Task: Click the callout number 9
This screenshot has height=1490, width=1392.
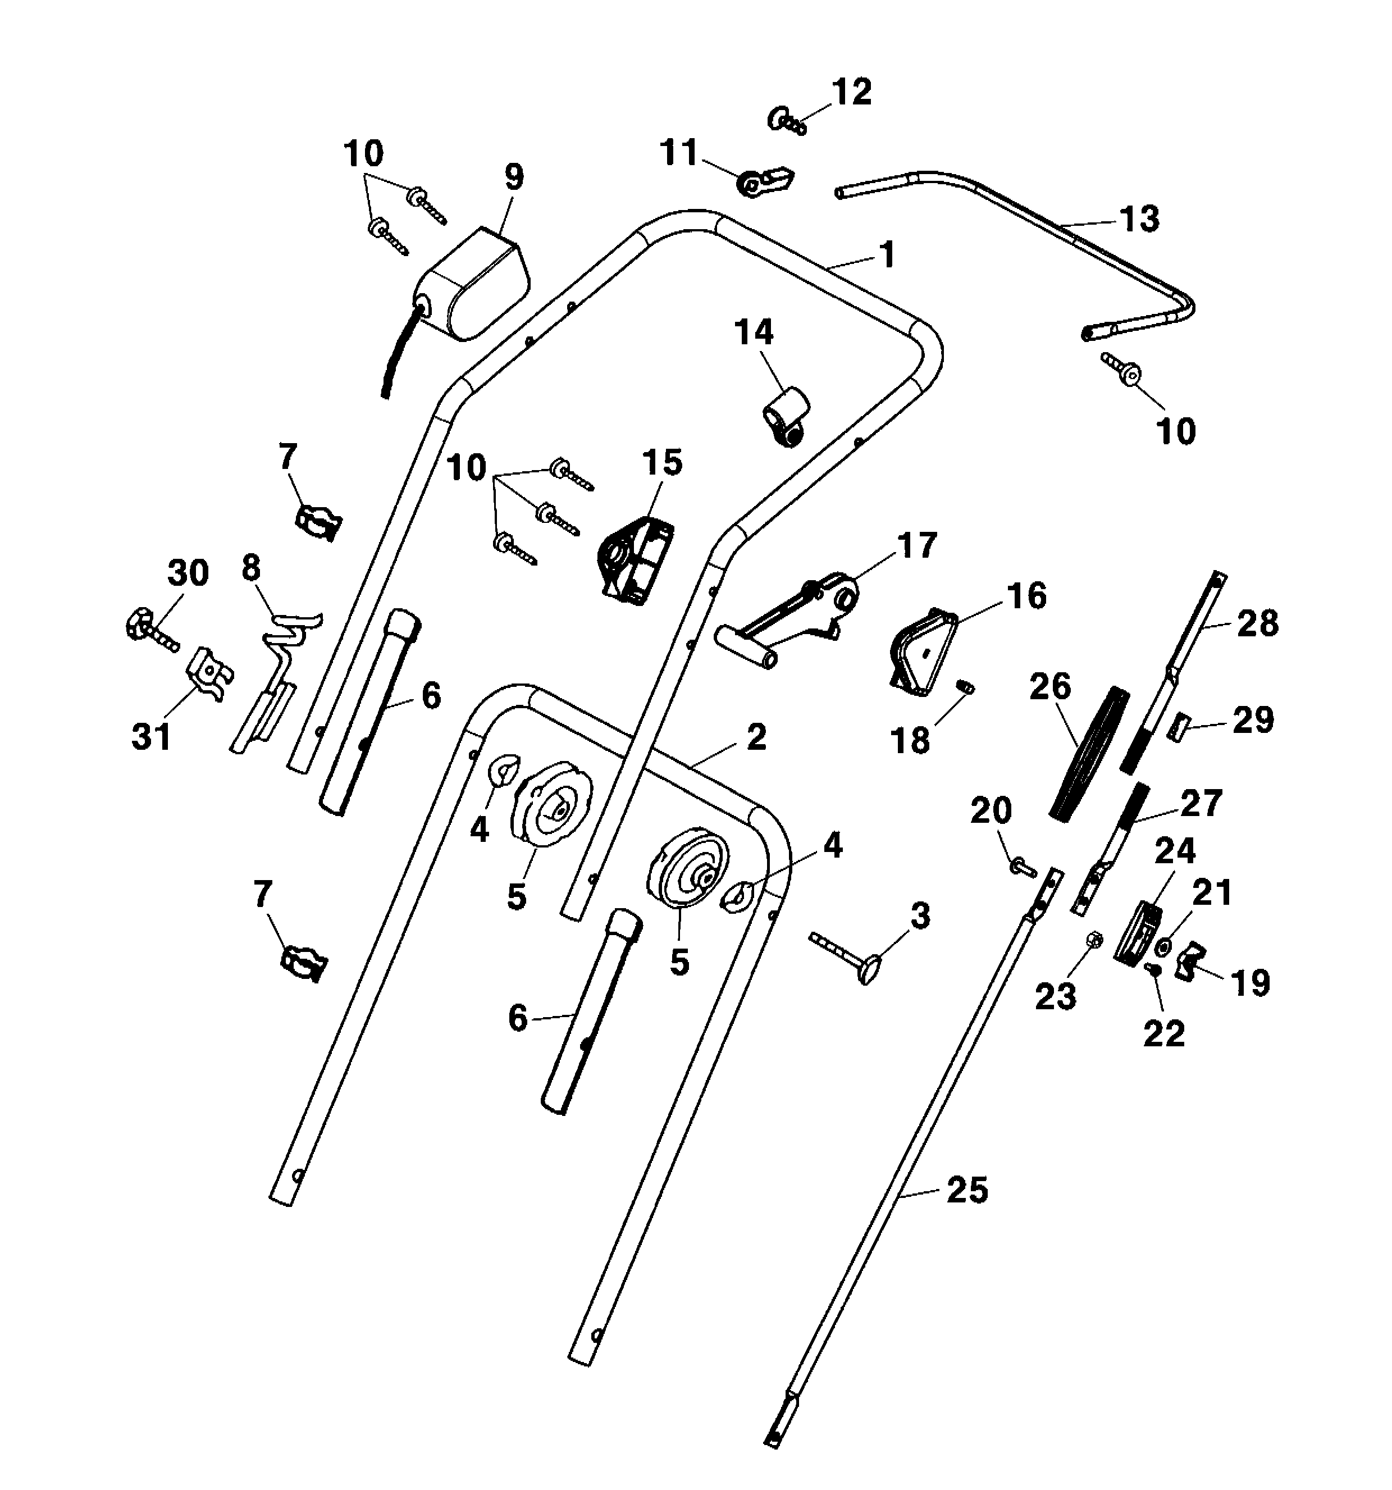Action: (x=513, y=177)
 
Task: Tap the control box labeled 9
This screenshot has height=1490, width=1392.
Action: (x=472, y=285)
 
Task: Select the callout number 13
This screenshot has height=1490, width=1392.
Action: (x=1139, y=219)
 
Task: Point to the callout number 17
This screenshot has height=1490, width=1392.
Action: (x=917, y=545)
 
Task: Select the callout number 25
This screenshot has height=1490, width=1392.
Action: (x=967, y=1190)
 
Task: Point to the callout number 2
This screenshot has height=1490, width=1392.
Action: (x=757, y=737)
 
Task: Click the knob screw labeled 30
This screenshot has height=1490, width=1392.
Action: (x=148, y=626)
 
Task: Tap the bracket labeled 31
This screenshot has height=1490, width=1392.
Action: (x=211, y=672)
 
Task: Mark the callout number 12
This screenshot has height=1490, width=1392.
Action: (x=852, y=92)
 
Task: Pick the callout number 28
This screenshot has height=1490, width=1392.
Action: (x=1257, y=623)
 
